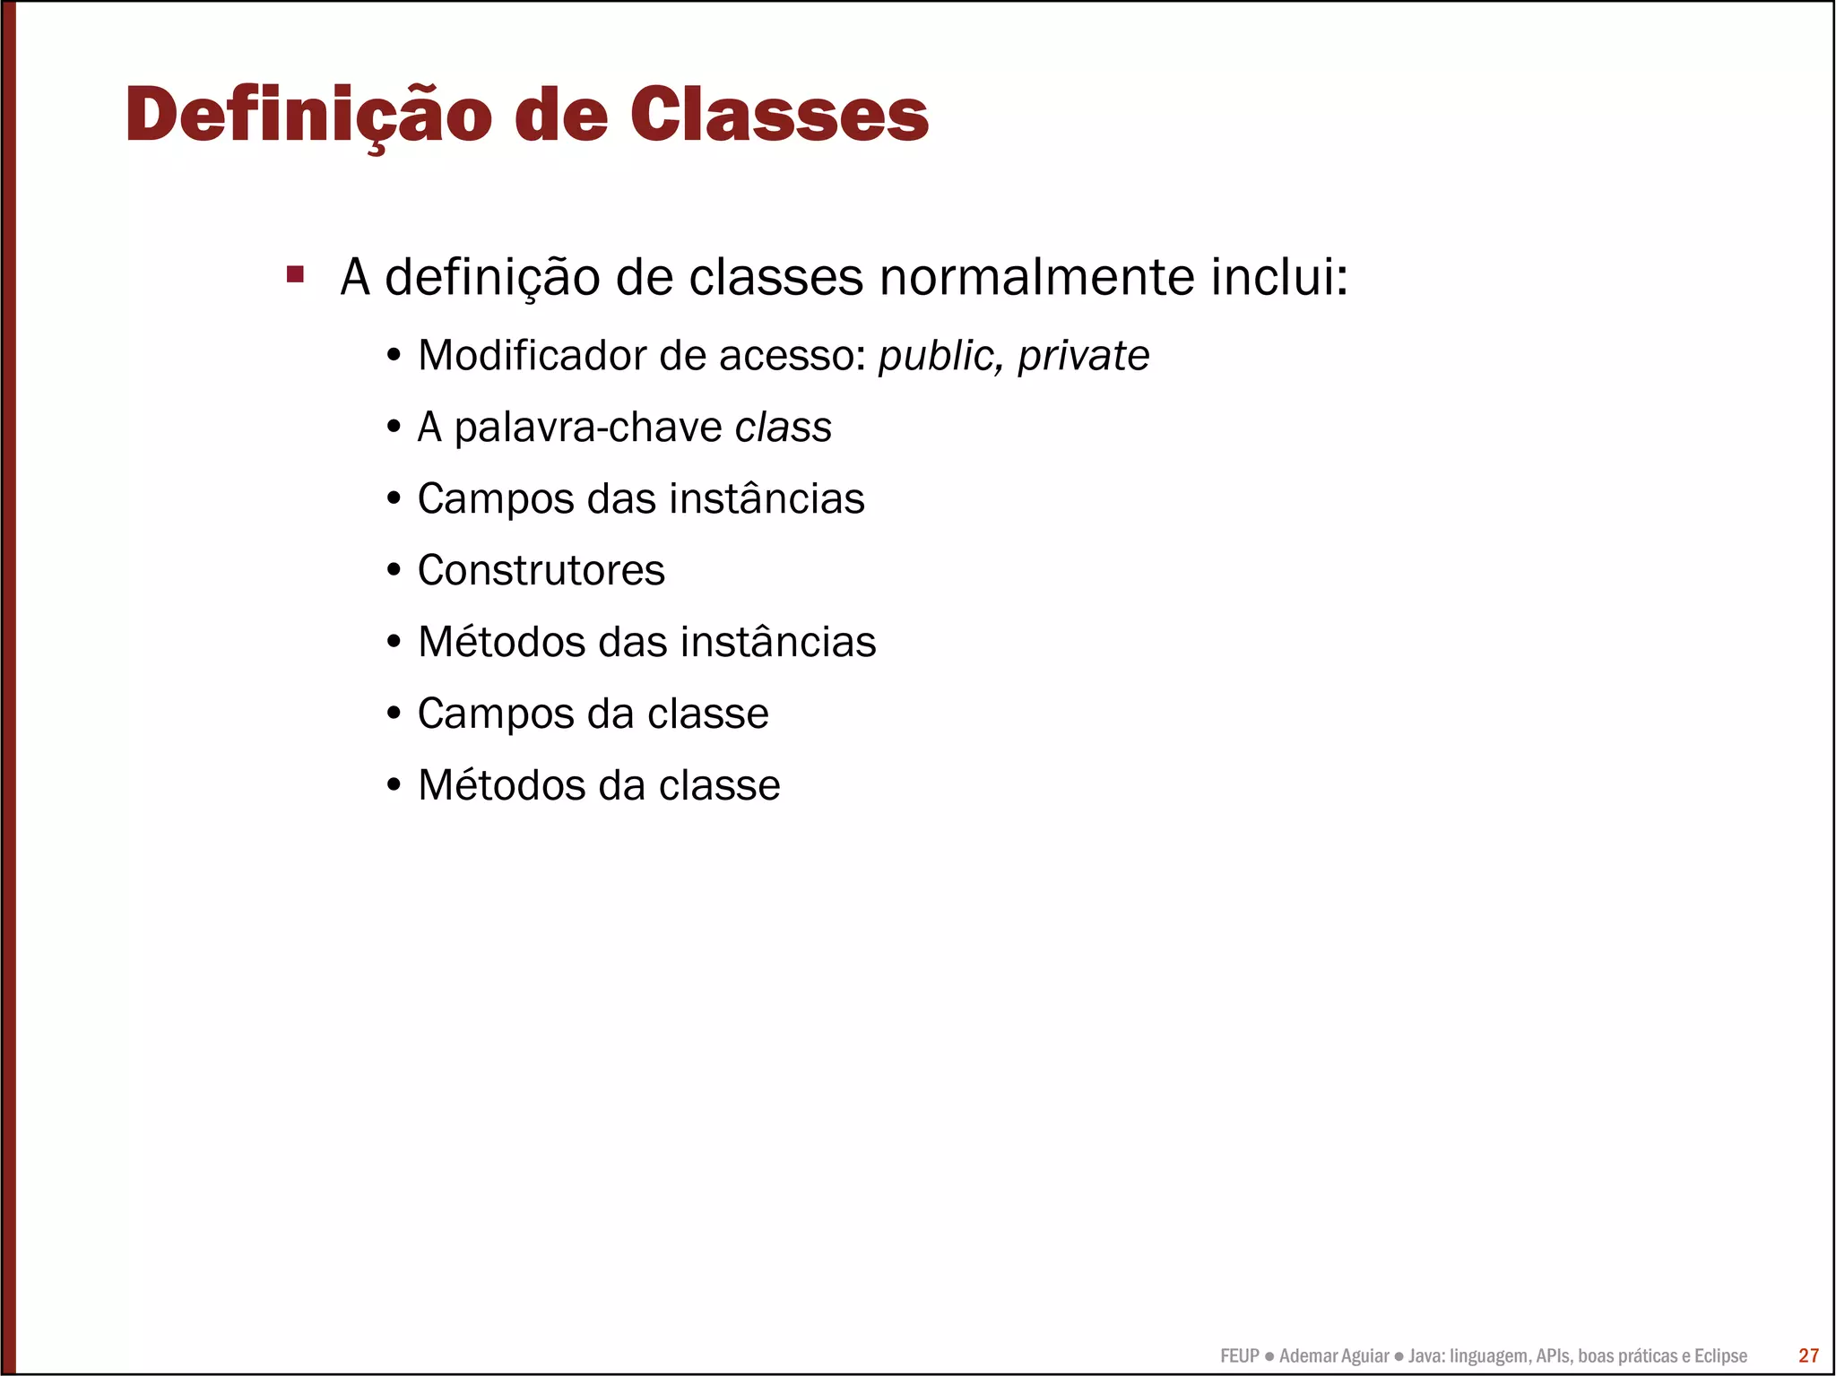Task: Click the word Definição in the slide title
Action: tap(308, 117)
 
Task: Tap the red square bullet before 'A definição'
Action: tap(295, 274)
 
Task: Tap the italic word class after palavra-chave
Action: tap(783, 427)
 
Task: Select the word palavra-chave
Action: tap(588, 428)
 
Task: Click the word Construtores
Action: tap(541, 570)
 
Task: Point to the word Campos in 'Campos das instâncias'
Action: tap(495, 499)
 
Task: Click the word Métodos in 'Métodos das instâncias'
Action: tap(501, 642)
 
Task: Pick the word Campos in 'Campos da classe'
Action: tap(495, 714)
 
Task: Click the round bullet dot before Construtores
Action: tap(394, 570)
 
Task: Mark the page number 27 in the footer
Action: tap(1808, 1355)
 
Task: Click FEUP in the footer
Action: tap(1239, 1356)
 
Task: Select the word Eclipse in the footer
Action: tap(1719, 1356)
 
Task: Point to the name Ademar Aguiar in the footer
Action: tap(1333, 1356)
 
